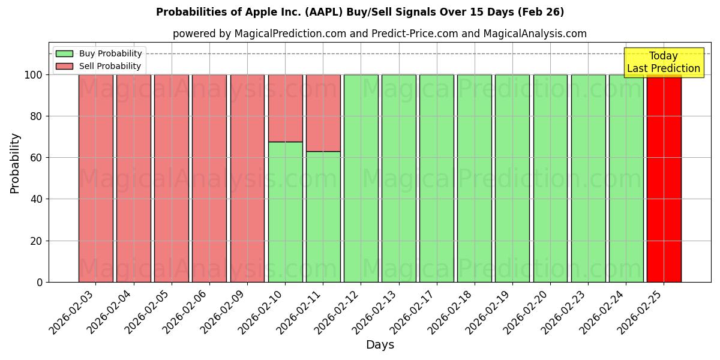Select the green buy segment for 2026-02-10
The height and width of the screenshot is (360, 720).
pos(285,212)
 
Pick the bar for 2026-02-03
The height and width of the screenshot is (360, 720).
pos(95,178)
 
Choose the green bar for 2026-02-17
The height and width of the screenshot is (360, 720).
pos(437,178)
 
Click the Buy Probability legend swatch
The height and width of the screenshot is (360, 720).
pos(64,54)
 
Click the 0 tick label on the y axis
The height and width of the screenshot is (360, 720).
pos(40,283)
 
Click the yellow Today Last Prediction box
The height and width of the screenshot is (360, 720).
pos(663,62)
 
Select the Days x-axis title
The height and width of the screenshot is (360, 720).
pos(380,345)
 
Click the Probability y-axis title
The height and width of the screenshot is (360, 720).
pos(15,163)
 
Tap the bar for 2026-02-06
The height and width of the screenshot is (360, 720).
pos(209,178)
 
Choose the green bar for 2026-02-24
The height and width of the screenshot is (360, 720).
pos(626,178)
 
